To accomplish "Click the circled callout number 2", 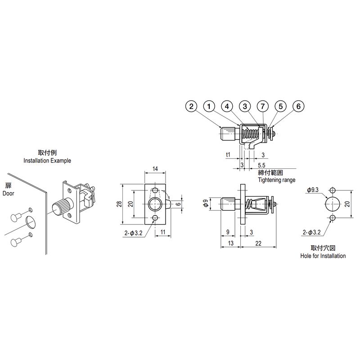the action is click(x=191, y=106).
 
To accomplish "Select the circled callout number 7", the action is click(x=263, y=106).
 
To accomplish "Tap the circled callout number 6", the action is click(x=298, y=106).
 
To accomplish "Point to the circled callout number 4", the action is click(x=227, y=106).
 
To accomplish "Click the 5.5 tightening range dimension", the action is click(x=261, y=165).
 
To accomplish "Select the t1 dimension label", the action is click(x=228, y=154).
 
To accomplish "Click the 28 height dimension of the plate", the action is click(x=119, y=204).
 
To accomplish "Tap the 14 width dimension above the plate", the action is click(x=155, y=169).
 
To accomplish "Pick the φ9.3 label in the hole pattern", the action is click(x=312, y=190).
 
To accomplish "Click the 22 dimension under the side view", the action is click(x=258, y=243).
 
